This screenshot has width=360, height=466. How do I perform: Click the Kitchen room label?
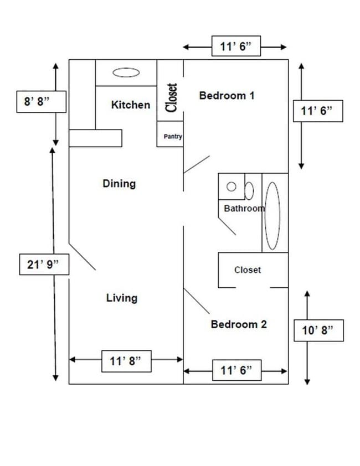131,105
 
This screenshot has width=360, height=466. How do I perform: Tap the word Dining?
119,183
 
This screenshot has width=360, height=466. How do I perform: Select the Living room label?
122,298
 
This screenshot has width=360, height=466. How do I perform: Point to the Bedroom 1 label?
227,95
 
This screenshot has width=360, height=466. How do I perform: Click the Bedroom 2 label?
239,324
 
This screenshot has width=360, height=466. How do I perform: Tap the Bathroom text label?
244,209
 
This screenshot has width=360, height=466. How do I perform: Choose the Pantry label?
173,137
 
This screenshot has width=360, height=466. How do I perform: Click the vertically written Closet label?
172,97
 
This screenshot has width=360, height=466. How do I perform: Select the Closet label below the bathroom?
248,270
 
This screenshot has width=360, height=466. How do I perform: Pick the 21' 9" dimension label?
44,265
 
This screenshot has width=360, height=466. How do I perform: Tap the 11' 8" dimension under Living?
126,361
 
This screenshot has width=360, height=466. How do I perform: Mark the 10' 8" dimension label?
318,331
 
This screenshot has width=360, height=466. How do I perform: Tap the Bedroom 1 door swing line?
197,164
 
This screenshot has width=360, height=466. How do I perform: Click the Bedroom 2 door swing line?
197,301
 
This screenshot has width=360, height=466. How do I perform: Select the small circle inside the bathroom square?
233,187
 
